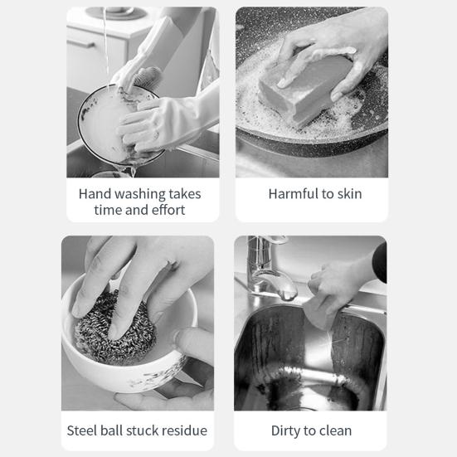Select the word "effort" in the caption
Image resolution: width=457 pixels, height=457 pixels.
pos(168,210)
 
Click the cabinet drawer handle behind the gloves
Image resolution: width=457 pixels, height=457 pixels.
pos(81,44)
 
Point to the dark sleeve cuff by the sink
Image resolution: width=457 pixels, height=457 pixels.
pos(380,262)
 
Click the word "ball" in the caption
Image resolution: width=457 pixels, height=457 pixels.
pos(111,430)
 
